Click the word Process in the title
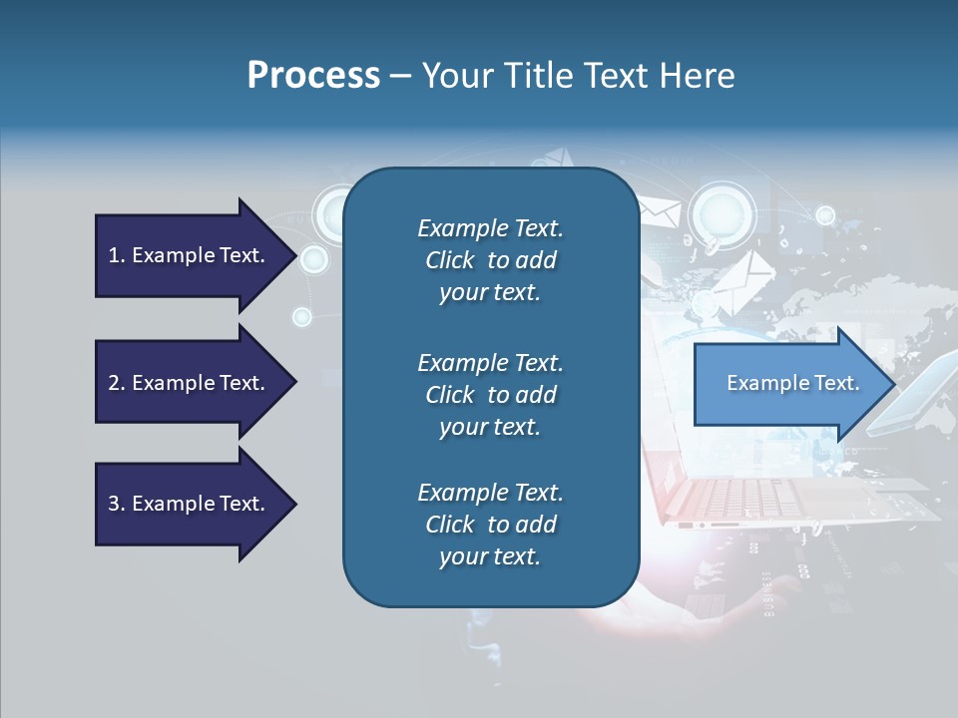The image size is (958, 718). [313, 76]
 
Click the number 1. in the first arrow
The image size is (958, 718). [117, 255]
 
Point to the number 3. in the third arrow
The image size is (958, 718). [117, 504]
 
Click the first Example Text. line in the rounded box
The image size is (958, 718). [490, 228]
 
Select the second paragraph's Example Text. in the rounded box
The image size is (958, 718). [490, 362]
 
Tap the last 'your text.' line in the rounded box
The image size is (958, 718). [490, 556]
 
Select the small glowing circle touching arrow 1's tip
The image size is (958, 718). [313, 260]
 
